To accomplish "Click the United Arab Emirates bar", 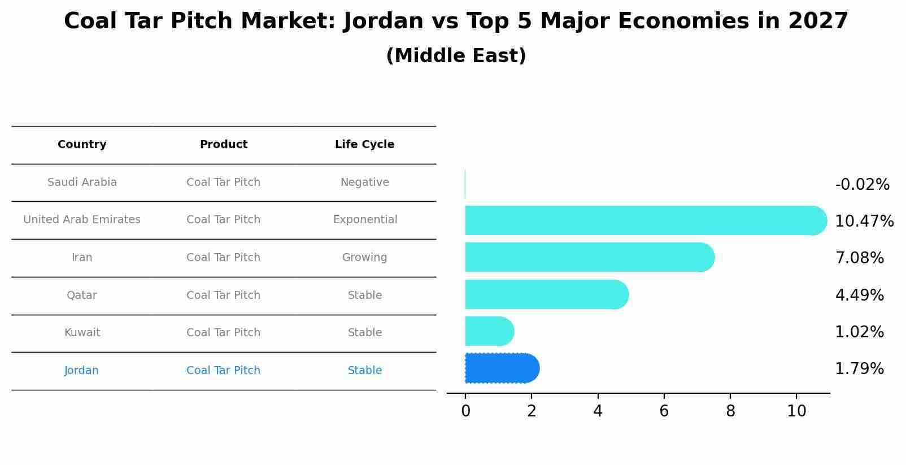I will [x=644, y=220].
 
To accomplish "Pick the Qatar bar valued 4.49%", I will [x=546, y=294].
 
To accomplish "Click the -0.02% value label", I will [x=862, y=185].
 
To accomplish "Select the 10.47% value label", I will [x=864, y=221].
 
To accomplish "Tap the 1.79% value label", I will [x=859, y=369].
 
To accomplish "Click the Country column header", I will [x=82, y=145].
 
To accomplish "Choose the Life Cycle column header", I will [x=364, y=145].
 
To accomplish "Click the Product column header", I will [x=223, y=145].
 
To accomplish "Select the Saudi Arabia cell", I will [x=82, y=182].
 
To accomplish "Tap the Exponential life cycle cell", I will [x=365, y=220].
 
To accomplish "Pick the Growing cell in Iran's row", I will [x=364, y=258].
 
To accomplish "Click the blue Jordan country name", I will [x=81, y=371].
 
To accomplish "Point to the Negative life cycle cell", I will [x=364, y=182].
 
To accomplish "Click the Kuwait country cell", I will [x=82, y=333].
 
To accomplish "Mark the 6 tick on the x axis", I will [x=664, y=411].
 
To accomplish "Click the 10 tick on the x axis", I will [x=796, y=411].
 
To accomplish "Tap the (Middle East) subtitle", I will [x=456, y=56].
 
